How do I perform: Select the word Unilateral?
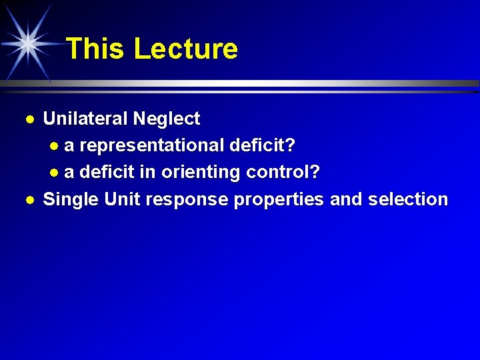tap(85, 119)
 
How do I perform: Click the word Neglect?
tap(166, 119)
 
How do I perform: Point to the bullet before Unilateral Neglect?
tap(29, 119)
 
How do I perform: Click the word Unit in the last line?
tap(121, 199)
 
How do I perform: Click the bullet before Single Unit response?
tap(29, 199)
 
